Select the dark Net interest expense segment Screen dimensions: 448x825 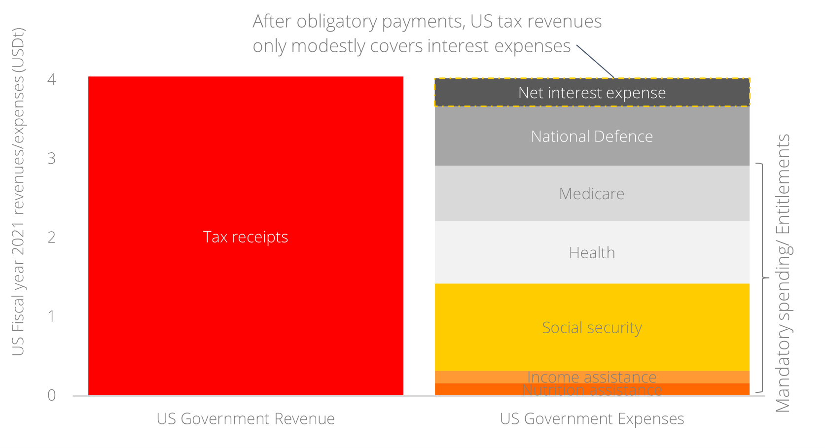[x=592, y=93]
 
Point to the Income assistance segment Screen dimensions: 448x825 [x=592, y=377]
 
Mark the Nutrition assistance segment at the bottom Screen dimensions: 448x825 [x=592, y=390]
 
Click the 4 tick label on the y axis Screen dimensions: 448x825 [x=52, y=79]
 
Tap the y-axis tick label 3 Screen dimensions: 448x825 [x=52, y=158]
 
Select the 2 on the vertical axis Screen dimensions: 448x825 [x=52, y=237]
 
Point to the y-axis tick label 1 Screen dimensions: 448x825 [x=52, y=316]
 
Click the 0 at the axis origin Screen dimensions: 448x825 [x=52, y=395]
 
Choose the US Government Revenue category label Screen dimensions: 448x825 [x=246, y=418]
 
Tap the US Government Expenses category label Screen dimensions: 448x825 [x=592, y=418]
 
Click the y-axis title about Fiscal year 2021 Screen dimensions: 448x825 [x=18, y=192]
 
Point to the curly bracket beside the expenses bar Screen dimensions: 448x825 [x=763, y=278]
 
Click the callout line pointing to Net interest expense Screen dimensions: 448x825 [x=595, y=62]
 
